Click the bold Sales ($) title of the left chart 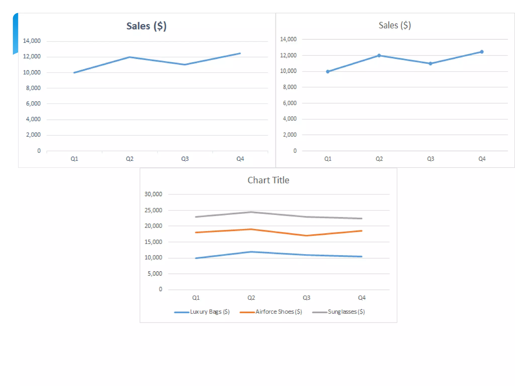click(146, 26)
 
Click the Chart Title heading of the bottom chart click(268, 180)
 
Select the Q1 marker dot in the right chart click(328, 72)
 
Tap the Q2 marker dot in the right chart click(379, 56)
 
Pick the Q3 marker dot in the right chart click(431, 64)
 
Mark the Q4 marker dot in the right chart click(482, 52)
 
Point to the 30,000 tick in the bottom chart click(153, 194)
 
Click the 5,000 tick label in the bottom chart click(155, 274)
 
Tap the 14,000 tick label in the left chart click(32, 41)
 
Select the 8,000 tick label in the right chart click(290, 87)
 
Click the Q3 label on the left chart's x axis click(185, 159)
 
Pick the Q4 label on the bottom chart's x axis click(362, 298)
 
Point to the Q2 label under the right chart click(379, 159)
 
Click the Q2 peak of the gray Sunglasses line click(251, 212)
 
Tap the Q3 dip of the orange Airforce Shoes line click(307, 235)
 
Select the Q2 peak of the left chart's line click(130, 57)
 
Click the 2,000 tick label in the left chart click(33, 135)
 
